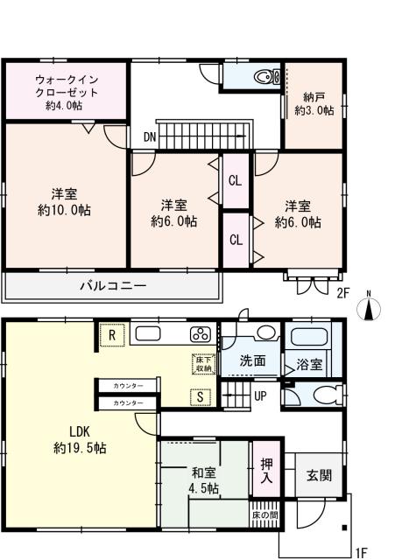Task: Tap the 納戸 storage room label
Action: click(x=311, y=103)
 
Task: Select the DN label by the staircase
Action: click(x=150, y=137)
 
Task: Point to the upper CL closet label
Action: click(x=235, y=181)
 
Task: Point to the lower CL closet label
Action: click(x=235, y=239)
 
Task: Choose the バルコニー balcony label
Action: click(x=113, y=285)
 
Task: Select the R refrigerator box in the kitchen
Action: click(x=111, y=333)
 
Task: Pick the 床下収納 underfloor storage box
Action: click(x=202, y=363)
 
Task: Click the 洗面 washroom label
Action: click(x=255, y=360)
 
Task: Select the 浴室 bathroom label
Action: click(x=310, y=360)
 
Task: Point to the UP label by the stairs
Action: click(x=261, y=395)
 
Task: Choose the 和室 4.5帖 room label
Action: click(x=204, y=479)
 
